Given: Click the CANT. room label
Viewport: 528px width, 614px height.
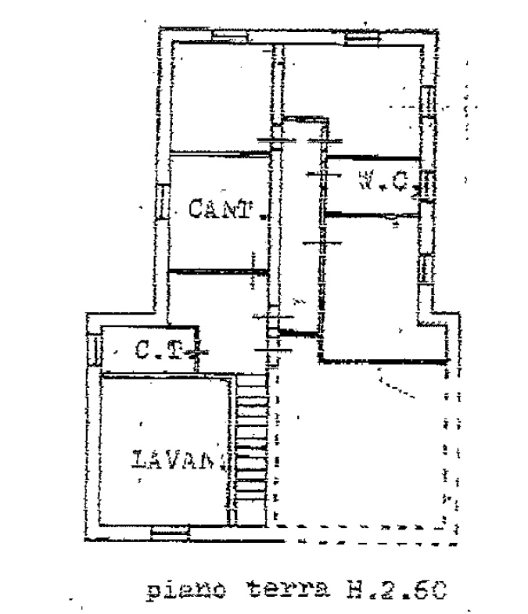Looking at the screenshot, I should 222,210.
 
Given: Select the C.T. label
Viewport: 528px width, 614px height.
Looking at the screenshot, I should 160,351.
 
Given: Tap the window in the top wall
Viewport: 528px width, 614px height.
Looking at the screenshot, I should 231,35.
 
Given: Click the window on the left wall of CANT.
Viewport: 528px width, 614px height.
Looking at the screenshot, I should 163,202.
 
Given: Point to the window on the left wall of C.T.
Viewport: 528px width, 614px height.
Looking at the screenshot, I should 94,350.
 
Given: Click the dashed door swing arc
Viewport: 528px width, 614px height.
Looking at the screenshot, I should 395,385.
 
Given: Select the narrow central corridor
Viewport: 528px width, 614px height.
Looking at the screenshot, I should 299,227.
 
